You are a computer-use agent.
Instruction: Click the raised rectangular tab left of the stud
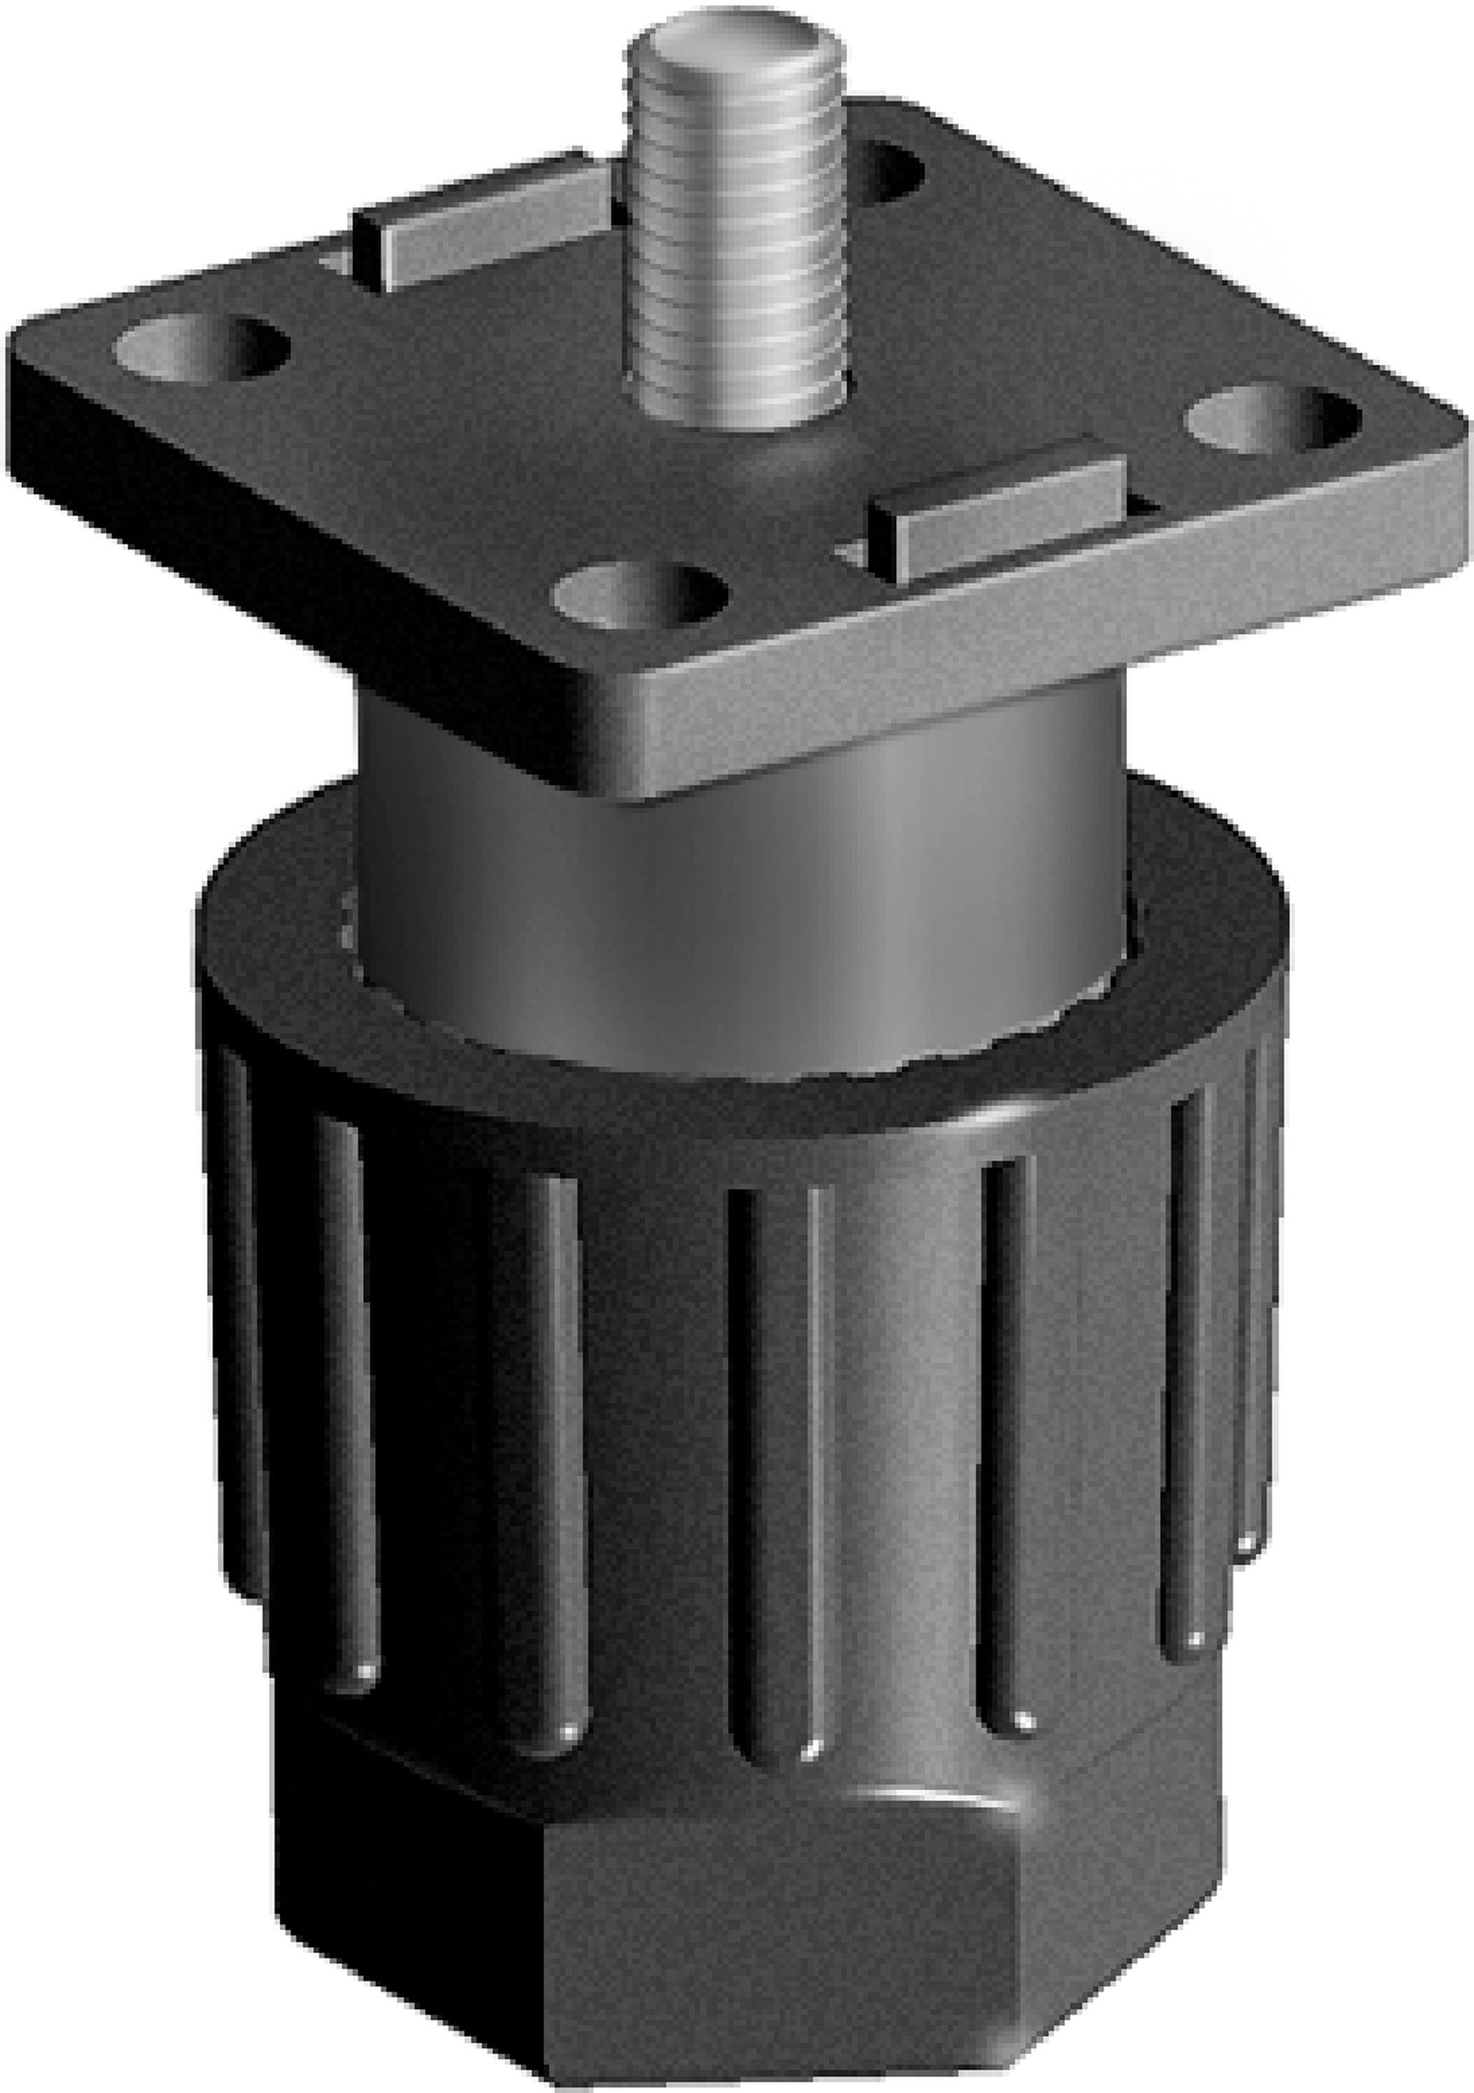tap(479, 217)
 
